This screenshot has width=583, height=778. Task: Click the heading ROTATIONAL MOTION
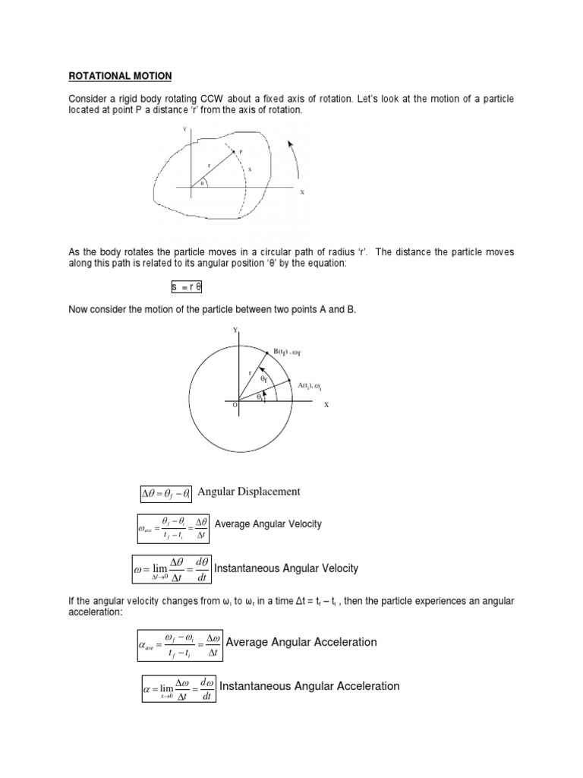pos(121,76)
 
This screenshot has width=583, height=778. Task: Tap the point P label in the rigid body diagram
pos(241,151)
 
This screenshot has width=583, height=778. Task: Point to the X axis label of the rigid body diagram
pos(301,193)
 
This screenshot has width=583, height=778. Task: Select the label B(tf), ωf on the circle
pos(291,351)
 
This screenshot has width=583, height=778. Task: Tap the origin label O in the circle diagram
pos(235,406)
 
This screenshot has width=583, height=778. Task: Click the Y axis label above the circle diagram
pos(235,330)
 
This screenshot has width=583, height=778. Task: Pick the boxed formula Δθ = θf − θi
pos(167,493)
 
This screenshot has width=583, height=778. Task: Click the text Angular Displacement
pos(249,492)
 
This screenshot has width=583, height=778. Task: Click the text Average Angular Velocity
pos(269,524)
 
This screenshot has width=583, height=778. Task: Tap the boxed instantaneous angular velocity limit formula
pos(172,569)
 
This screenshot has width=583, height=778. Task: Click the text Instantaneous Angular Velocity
pos(286,568)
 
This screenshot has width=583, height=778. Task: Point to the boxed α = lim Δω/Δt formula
pos(179,688)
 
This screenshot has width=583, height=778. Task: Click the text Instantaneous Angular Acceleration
pos(309,686)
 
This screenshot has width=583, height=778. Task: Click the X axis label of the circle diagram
pos(326,405)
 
